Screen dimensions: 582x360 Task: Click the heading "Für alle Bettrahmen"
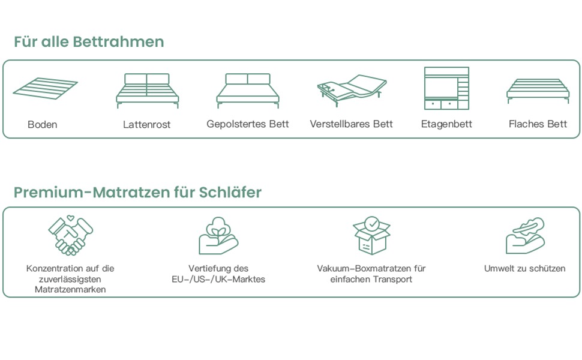click(x=89, y=42)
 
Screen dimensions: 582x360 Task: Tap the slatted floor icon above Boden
click(x=45, y=88)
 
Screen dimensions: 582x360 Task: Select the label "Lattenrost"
click(x=147, y=125)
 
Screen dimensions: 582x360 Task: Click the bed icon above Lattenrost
click(x=147, y=90)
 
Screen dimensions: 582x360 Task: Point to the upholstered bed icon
click(x=248, y=90)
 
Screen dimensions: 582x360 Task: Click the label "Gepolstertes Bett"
click(x=248, y=124)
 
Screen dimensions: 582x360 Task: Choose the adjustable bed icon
click(x=352, y=90)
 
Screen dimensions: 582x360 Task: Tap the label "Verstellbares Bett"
click(x=352, y=124)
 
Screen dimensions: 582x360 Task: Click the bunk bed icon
click(x=446, y=88)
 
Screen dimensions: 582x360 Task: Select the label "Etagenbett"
click(x=446, y=124)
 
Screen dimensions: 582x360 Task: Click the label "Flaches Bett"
click(x=538, y=124)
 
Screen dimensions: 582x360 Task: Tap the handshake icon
click(x=70, y=235)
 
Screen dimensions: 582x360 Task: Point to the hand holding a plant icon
click(x=218, y=236)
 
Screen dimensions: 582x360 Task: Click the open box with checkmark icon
click(x=371, y=235)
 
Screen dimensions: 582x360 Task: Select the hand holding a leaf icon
click(x=525, y=236)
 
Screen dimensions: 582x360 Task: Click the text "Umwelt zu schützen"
click(x=525, y=269)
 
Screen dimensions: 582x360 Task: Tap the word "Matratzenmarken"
click(x=70, y=290)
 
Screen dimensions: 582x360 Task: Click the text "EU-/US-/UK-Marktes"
click(x=218, y=280)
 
